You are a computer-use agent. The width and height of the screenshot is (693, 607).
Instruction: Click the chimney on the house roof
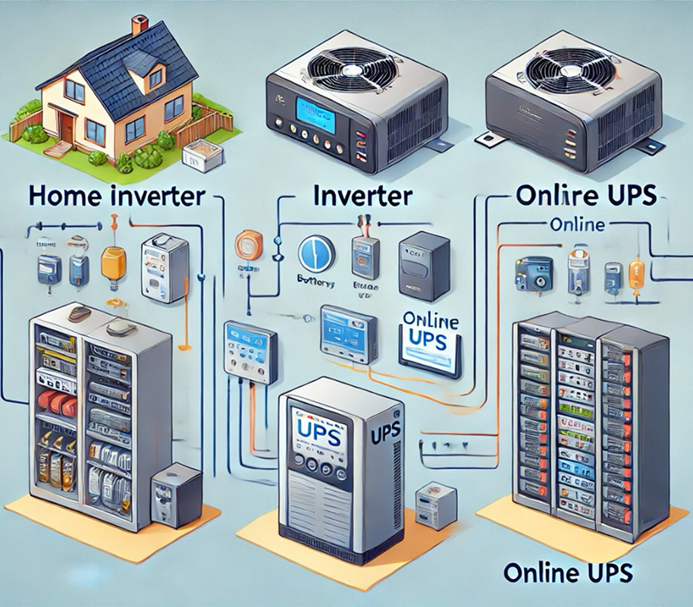(x=140, y=24)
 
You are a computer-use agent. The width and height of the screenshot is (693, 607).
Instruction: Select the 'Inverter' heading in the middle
(x=362, y=195)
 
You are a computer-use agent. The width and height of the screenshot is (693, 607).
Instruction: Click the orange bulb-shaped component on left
(x=112, y=263)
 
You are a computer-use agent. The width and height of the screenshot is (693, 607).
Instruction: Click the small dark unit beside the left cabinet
(x=175, y=494)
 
